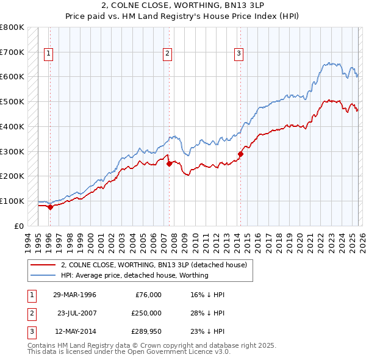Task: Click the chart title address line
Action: [x=182, y=5]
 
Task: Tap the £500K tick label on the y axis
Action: [x=12, y=101]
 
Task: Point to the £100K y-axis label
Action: [x=12, y=201]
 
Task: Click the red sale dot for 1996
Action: [x=50, y=207]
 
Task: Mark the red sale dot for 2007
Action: [x=168, y=164]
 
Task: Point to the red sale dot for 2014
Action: [x=240, y=154]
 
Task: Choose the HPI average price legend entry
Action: [x=134, y=275]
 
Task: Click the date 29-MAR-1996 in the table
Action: [x=74, y=294]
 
